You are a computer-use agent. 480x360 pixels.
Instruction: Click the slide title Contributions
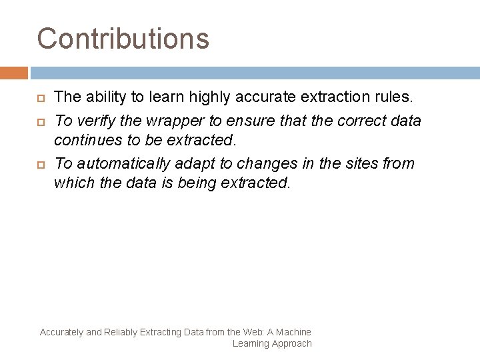tap(123, 38)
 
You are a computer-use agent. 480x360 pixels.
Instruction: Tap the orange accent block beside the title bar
tap(14, 73)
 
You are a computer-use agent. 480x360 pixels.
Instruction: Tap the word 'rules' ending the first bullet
tap(393, 97)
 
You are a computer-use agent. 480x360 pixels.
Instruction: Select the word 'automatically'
tap(124, 163)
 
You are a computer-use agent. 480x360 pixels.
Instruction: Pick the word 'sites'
tap(364, 163)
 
